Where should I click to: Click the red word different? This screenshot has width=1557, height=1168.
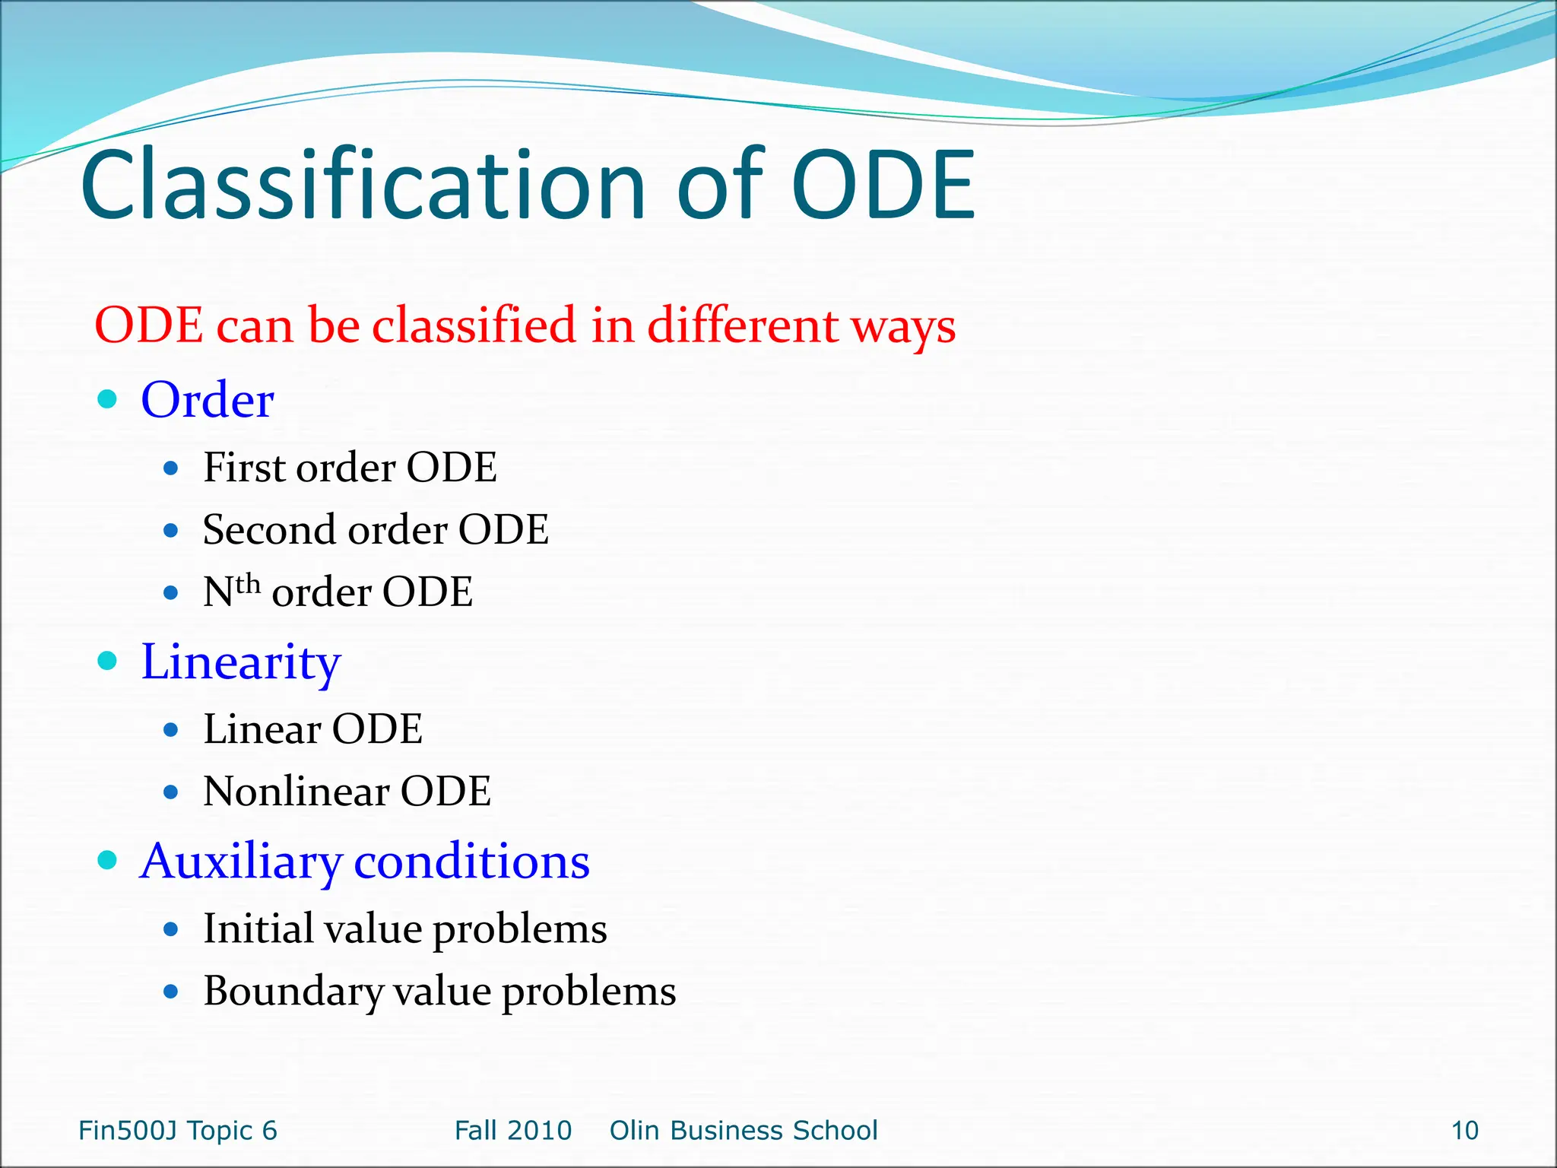742,325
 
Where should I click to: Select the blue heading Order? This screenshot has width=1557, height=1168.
207,400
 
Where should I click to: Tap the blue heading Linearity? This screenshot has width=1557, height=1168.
240,662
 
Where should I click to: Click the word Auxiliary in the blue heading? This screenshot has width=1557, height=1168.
241,862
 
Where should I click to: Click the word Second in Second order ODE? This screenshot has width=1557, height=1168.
268,529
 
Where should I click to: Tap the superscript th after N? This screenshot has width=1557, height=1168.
248,585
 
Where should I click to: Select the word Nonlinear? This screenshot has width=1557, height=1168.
296,792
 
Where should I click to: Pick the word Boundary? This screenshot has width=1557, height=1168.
293,992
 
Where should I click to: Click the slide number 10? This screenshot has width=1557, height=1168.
1464,1131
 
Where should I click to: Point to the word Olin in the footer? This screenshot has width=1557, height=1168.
635,1131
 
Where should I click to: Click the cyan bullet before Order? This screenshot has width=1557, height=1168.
108,399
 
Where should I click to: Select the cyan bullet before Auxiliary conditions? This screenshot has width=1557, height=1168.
108,860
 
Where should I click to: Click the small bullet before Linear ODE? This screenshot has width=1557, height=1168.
171,730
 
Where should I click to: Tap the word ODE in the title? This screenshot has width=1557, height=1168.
883,186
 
